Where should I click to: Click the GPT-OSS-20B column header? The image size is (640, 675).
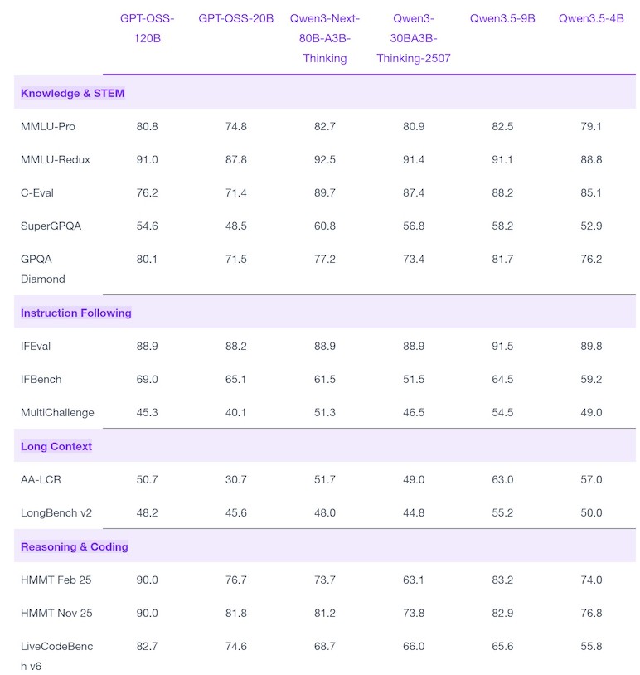tap(236, 18)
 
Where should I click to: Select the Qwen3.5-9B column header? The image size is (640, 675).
tap(502, 18)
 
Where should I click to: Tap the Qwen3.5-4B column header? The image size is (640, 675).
tap(591, 18)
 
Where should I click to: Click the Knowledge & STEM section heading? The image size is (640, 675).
tap(73, 93)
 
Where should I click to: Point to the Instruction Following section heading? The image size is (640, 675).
tap(75, 313)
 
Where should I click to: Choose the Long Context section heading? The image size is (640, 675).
tap(56, 446)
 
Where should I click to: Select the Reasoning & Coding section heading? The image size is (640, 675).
tap(75, 546)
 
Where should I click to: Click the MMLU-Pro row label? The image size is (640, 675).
tap(48, 127)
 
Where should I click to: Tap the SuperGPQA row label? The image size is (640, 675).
tap(51, 226)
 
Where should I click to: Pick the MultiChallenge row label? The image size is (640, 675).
tap(57, 412)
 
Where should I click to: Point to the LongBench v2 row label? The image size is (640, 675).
tap(56, 512)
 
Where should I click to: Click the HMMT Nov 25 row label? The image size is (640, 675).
tap(56, 613)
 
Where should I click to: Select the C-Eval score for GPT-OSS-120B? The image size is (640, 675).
tap(148, 193)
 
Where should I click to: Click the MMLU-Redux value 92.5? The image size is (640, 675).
tap(324, 160)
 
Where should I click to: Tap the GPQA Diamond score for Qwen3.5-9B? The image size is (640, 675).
tap(502, 260)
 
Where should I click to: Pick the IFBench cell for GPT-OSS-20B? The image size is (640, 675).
tap(236, 379)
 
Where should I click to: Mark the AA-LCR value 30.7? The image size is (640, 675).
tap(236, 479)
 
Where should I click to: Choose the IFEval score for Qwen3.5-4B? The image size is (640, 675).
tap(591, 346)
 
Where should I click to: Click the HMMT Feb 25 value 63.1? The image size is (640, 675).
tap(413, 580)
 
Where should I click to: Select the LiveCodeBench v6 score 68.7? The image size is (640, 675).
tap(324, 646)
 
